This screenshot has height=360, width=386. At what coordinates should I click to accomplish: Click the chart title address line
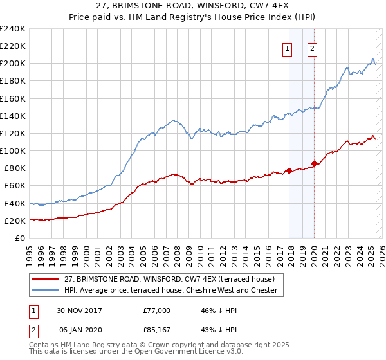(x=193, y=7)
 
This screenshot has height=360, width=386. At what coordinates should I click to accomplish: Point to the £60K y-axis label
(x=14, y=186)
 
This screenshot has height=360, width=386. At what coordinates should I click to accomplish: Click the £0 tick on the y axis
(x=21, y=238)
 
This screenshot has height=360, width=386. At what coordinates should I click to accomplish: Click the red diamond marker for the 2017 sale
(x=289, y=170)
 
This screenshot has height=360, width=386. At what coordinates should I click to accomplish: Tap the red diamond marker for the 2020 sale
(x=314, y=163)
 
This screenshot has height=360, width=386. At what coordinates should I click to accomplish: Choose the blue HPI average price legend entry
(x=170, y=291)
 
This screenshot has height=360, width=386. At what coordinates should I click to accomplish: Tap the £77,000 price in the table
(x=157, y=310)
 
